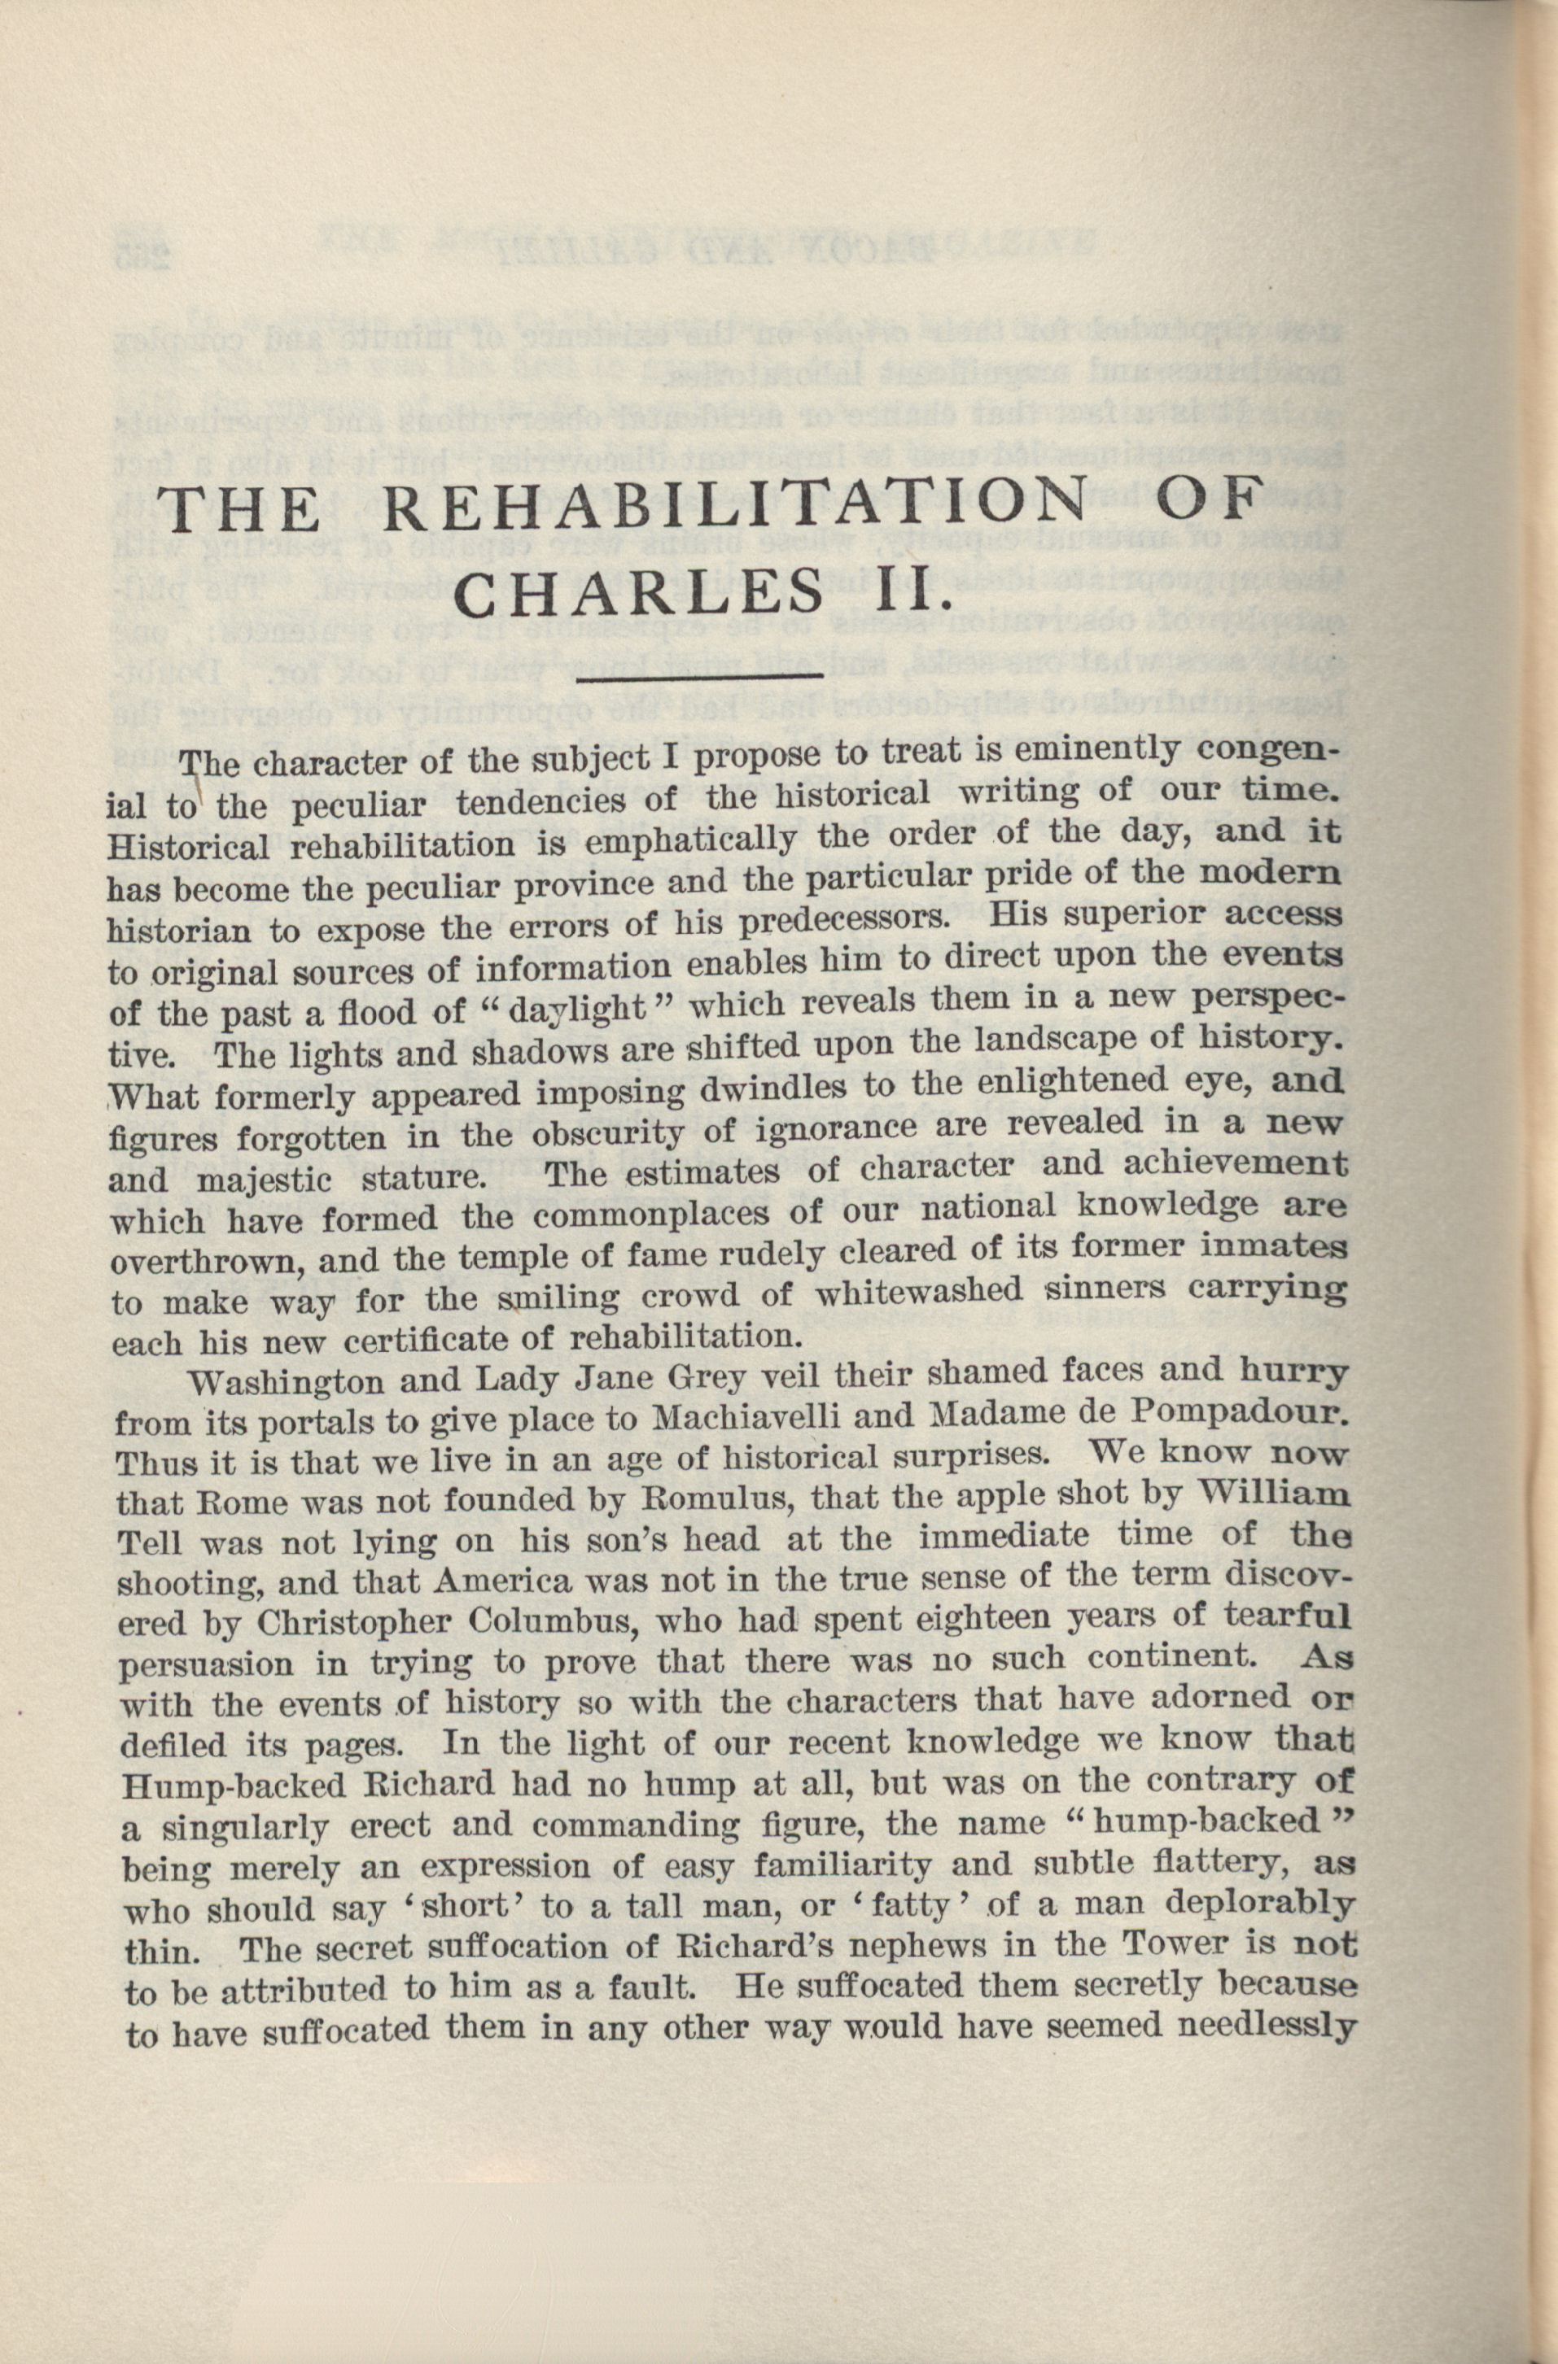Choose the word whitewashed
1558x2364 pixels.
click(x=916, y=1294)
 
